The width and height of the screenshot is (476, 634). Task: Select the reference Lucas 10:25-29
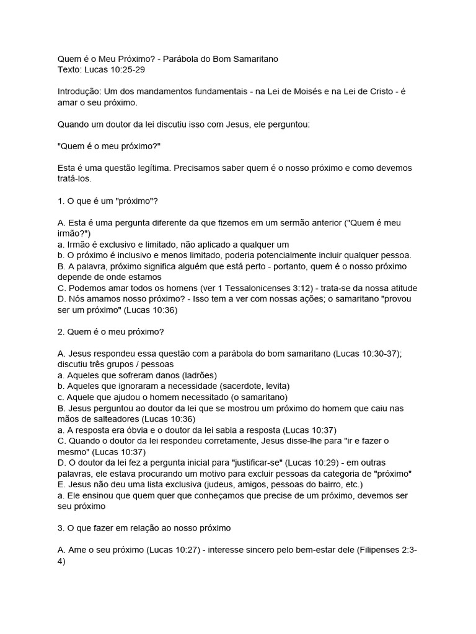[x=114, y=69]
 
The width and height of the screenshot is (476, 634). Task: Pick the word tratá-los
[x=74, y=178]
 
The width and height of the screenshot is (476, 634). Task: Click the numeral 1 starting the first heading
[x=59, y=201]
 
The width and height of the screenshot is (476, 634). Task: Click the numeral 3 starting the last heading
[x=59, y=528]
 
